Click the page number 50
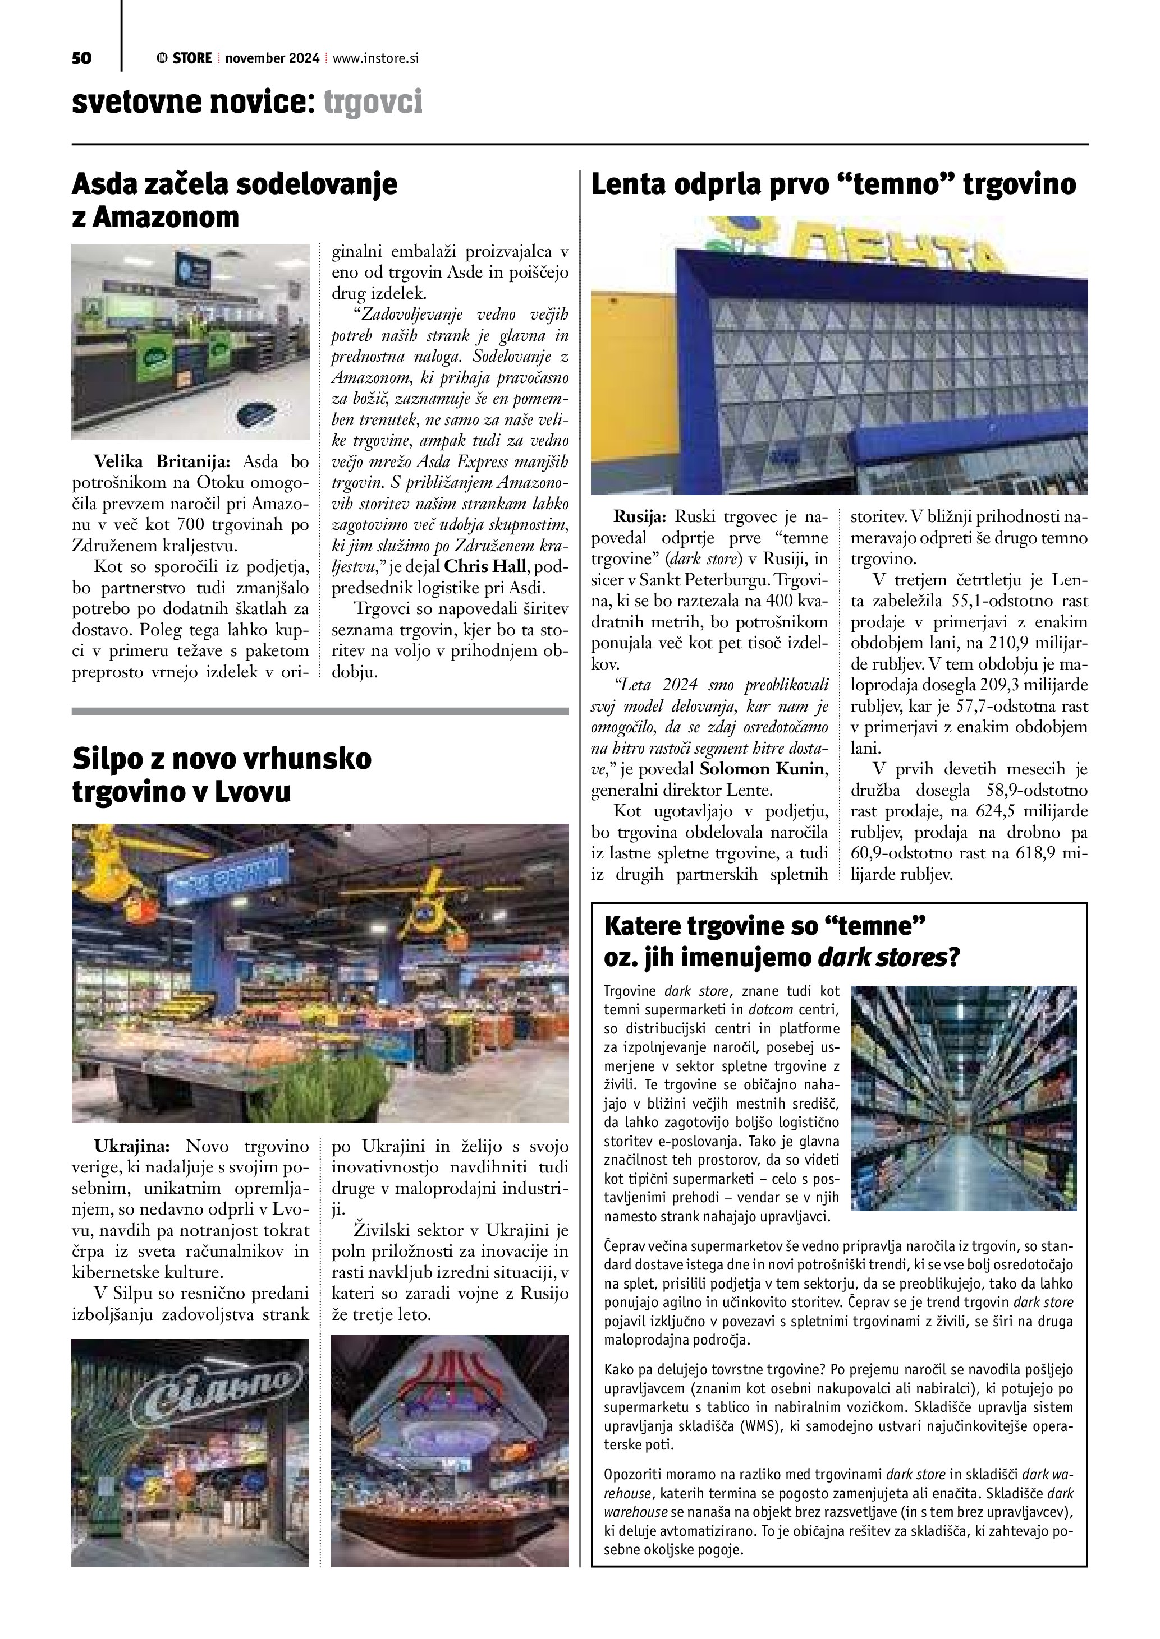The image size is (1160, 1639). click(x=81, y=58)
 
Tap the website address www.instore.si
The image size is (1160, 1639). click(x=375, y=58)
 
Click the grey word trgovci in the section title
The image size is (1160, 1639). click(x=373, y=102)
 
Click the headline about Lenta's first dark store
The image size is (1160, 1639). click(x=833, y=184)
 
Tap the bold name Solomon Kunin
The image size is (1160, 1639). click(x=763, y=769)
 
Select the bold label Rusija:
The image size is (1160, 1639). click(x=640, y=515)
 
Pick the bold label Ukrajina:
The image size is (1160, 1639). click(x=132, y=1147)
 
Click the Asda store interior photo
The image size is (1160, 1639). click(x=190, y=341)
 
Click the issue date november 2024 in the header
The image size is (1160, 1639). click(x=272, y=58)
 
